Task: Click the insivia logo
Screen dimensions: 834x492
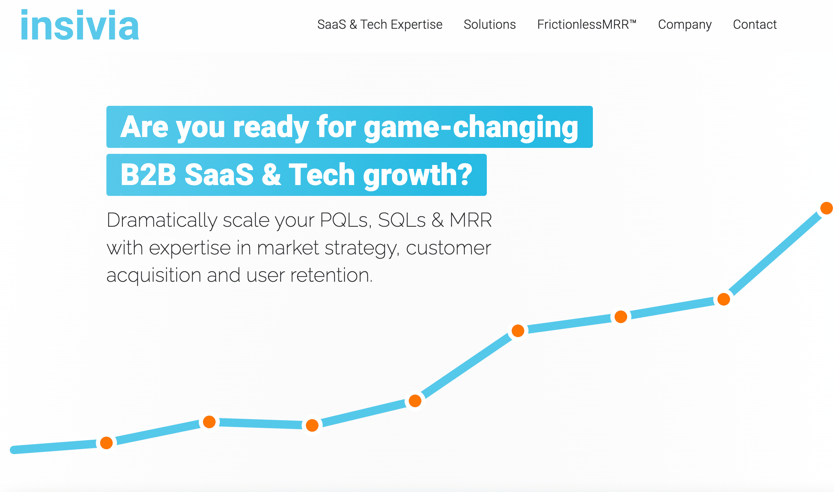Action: [80, 25]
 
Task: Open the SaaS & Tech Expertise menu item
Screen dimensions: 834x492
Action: [380, 25]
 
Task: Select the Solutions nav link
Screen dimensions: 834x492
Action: [490, 25]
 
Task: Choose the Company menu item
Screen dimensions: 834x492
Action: [685, 25]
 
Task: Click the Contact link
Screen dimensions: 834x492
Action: [755, 25]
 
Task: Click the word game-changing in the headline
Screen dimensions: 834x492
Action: [471, 128]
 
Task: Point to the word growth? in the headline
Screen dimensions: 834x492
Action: [418, 175]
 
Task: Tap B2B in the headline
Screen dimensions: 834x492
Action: [148, 174]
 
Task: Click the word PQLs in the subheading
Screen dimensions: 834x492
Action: [345, 220]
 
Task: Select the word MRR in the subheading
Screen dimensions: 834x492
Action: [471, 220]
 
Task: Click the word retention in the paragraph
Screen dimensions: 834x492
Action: [331, 275]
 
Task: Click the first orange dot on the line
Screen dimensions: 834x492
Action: [106, 443]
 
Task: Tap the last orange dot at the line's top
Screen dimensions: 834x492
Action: [827, 208]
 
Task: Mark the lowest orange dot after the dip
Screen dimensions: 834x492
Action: [312, 425]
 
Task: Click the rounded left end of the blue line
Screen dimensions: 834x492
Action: [14, 450]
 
